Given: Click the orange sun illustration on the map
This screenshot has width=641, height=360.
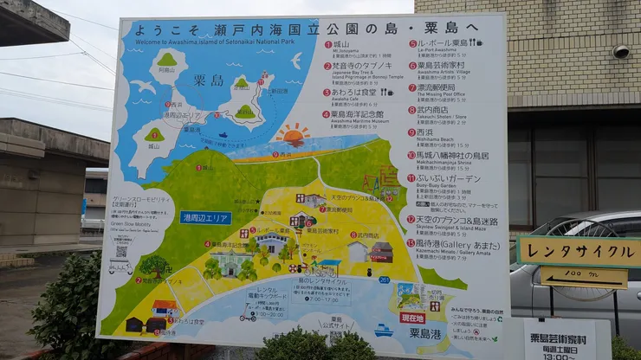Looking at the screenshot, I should pos(293,135).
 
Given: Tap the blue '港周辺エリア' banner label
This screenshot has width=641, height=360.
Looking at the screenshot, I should pos(205,217).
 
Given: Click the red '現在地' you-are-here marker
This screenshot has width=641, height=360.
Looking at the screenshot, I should pos(412,317).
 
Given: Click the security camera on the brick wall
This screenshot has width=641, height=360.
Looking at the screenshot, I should pos(620,51).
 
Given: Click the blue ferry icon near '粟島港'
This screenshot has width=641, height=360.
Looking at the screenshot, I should pos(383,330).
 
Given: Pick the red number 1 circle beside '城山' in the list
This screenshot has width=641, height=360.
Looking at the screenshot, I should pos(328,44).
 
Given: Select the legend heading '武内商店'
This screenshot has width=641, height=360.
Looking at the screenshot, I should pos(433,109).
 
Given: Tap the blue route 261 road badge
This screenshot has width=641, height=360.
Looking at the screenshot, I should pos(383,280).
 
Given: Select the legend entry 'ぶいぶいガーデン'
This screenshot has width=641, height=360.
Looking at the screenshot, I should pos(447,177).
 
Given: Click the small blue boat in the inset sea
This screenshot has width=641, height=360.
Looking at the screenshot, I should pos(223,135).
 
